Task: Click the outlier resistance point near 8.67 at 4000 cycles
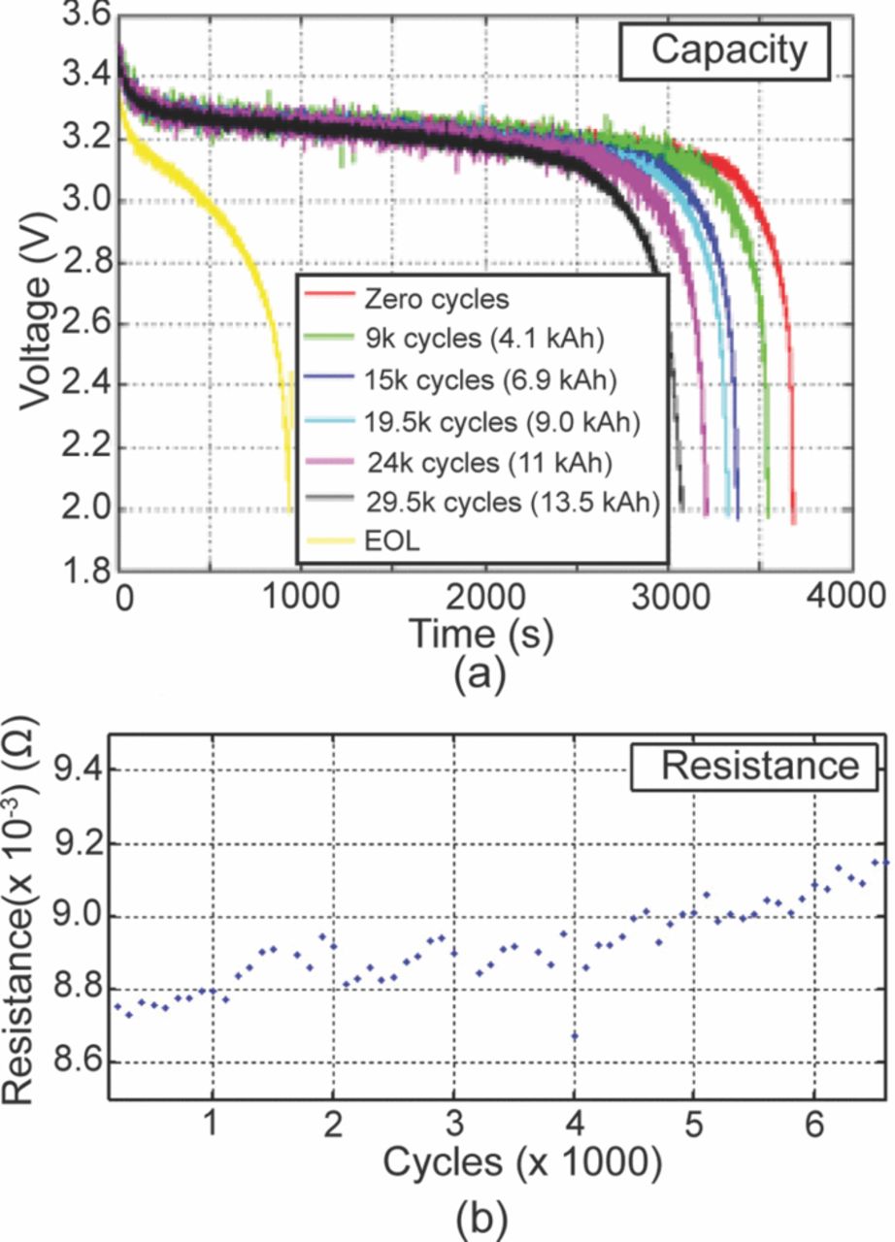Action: pos(575,1036)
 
